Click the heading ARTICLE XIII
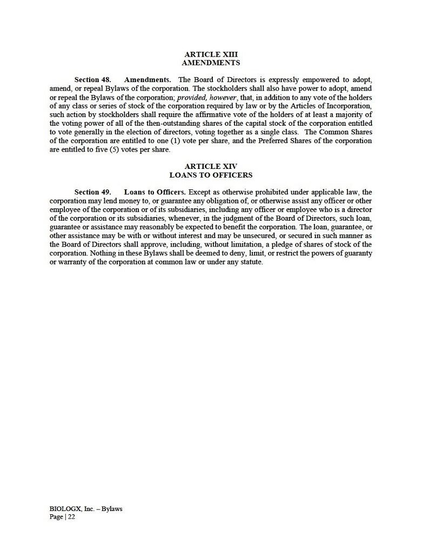tap(211, 54)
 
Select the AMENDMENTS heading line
tap(211, 63)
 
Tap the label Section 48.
tap(92, 79)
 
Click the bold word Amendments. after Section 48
tap(148, 79)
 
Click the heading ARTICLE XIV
tap(211, 167)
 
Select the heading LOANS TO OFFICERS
tap(211, 175)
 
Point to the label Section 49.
tap(92, 192)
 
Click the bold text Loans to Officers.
tap(155, 192)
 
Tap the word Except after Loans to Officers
tap(200, 192)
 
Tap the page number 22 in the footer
tap(71, 516)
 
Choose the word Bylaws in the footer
tap(111, 509)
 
